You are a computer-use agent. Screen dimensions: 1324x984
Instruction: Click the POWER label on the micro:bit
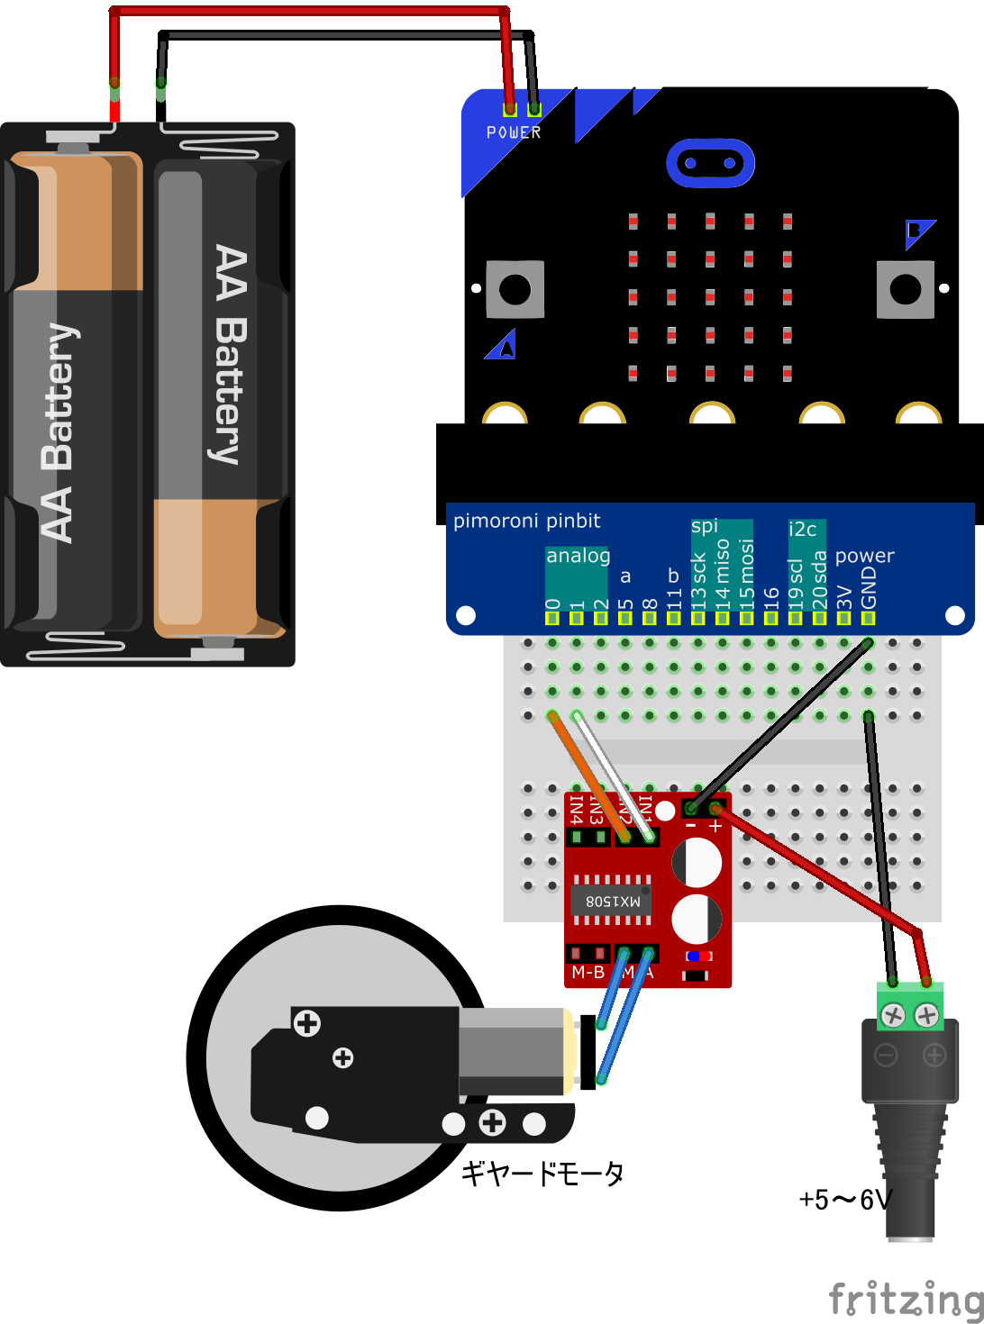pos(514,132)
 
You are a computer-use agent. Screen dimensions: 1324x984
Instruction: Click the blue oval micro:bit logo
pos(710,163)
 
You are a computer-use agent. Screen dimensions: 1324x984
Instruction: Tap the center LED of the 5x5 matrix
pos(710,296)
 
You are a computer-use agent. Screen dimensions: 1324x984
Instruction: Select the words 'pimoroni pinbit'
pos(526,521)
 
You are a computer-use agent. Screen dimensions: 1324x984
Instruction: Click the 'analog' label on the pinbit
pos(578,556)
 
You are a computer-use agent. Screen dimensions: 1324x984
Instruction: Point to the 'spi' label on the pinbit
pos(705,526)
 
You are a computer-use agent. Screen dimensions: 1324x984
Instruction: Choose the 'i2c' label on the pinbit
pos(802,529)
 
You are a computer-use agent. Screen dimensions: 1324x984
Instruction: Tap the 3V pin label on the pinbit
pos(844,596)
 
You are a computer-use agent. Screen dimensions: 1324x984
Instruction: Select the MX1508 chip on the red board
pos(612,900)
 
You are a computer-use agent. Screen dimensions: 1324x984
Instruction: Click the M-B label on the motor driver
pos(588,973)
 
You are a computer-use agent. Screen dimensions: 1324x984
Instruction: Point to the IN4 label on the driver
pos(576,810)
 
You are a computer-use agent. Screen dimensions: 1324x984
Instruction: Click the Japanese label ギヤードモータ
pos(542,1174)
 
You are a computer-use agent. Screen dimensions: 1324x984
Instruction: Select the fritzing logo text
pos(905,1300)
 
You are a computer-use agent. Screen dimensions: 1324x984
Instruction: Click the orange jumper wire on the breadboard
pos(588,775)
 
